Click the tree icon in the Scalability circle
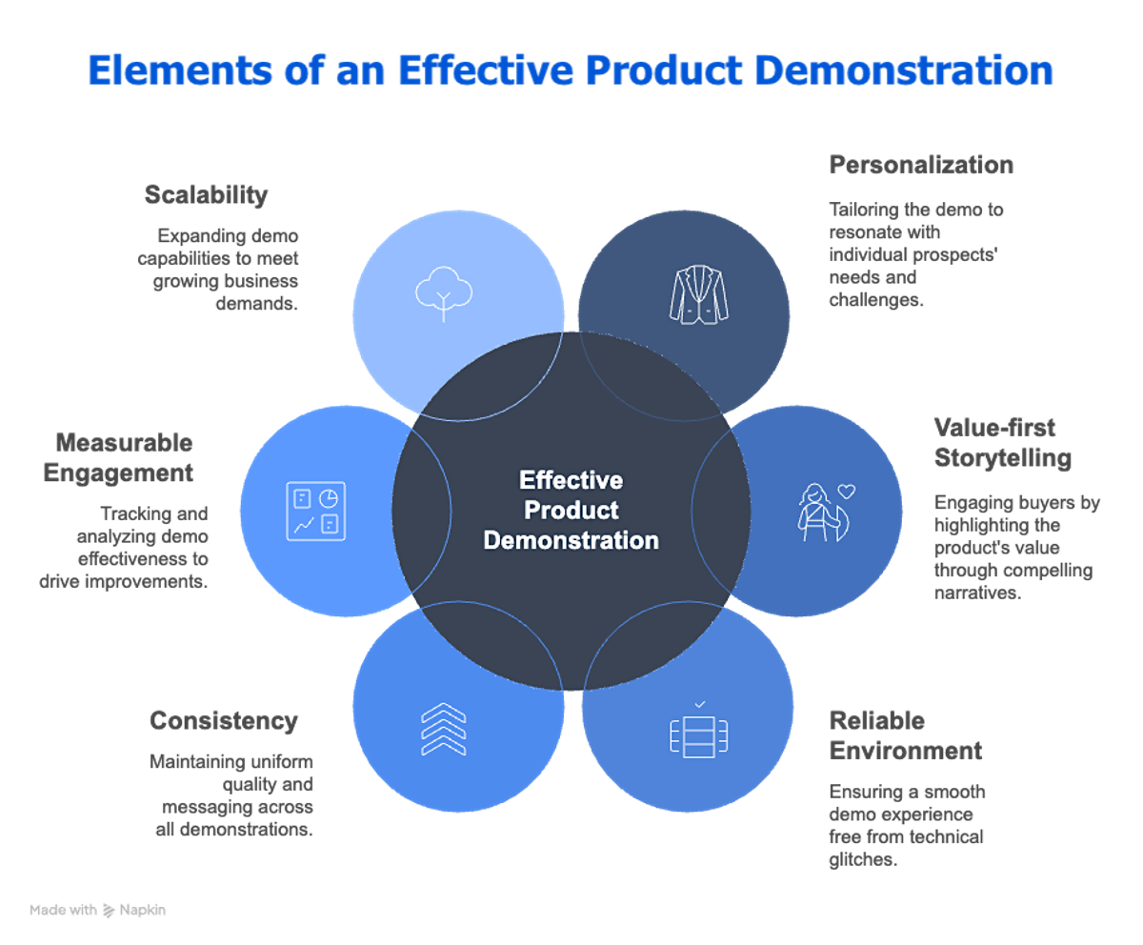(x=444, y=291)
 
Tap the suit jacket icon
(x=698, y=292)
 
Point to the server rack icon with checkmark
(x=699, y=733)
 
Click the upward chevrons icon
(x=444, y=730)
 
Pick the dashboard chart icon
(x=316, y=512)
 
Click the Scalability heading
(x=206, y=195)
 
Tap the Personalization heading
(x=921, y=166)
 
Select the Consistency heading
(x=224, y=721)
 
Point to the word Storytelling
(x=1003, y=458)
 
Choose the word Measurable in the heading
(x=124, y=443)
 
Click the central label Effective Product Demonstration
(x=571, y=510)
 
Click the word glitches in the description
(x=863, y=859)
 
